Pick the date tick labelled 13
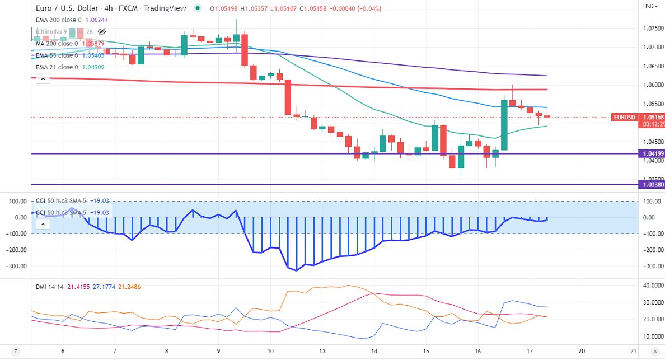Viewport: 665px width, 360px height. (322, 351)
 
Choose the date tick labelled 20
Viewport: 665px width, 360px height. (582, 351)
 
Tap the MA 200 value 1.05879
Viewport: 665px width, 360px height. (93, 44)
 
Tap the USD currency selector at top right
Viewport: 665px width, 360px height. (649, 6)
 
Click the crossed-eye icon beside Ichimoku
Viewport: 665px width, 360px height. (101, 31)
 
